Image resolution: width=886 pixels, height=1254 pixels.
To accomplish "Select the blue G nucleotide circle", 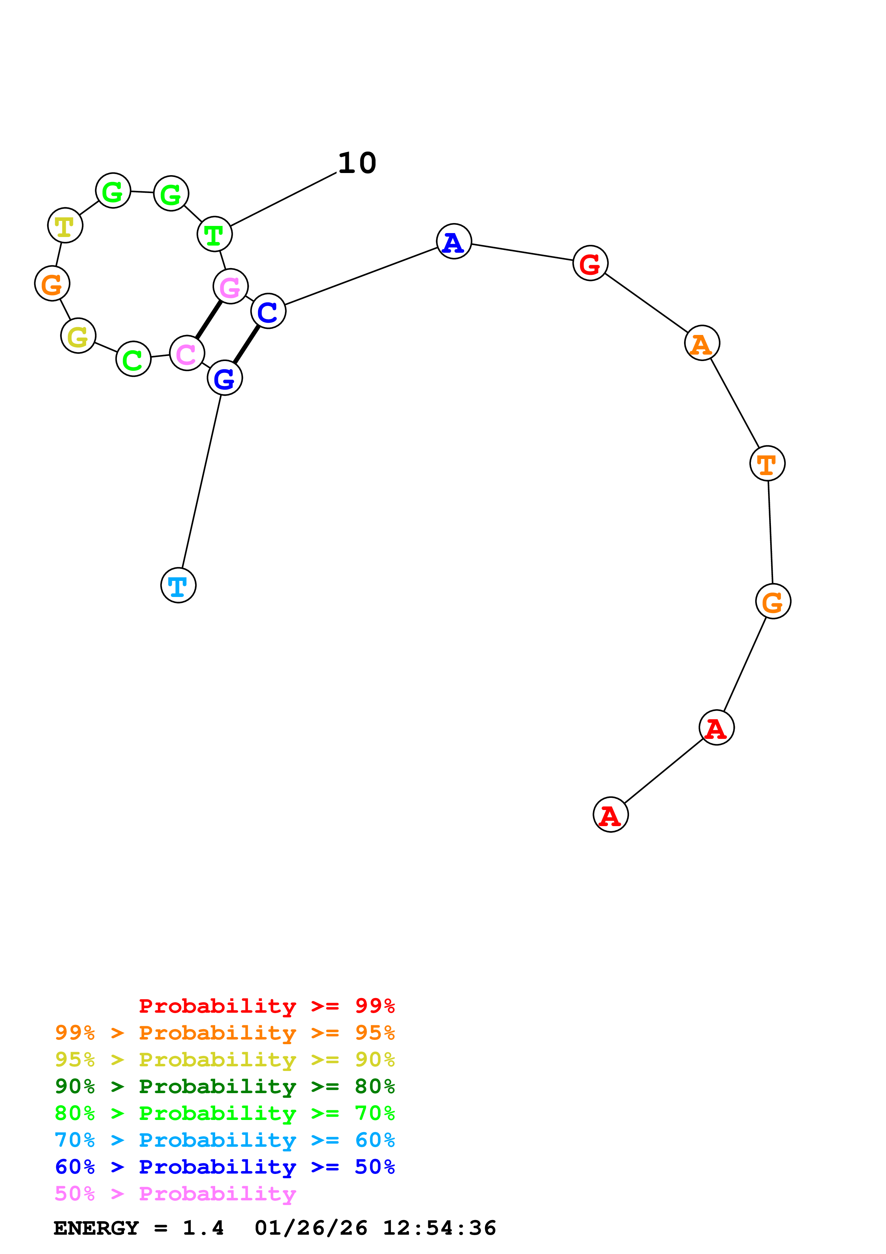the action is point(224,377).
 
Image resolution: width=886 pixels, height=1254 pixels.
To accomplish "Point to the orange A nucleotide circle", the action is point(702,343).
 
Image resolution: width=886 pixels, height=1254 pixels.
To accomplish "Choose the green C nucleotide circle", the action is point(133,359).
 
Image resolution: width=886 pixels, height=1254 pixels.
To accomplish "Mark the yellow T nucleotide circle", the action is point(65,225).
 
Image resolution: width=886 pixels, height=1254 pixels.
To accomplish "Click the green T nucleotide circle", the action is point(214,234).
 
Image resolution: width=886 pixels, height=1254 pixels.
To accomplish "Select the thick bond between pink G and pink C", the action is point(208,319).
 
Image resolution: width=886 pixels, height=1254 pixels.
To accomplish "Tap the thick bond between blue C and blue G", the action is point(246,344).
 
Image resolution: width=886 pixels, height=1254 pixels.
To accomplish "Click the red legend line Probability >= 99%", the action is point(266,1006).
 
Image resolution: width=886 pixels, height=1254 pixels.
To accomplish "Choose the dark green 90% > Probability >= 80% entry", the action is point(224,1086).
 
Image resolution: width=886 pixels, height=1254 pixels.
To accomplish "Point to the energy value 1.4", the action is point(203,1228).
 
